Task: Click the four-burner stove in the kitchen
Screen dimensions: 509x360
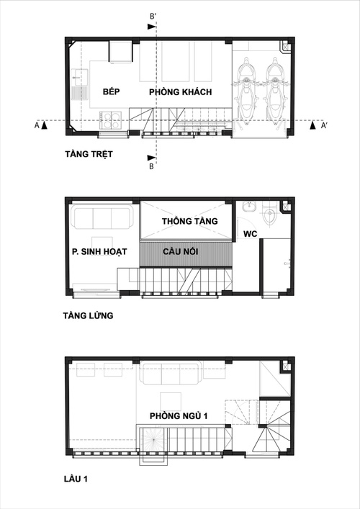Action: (x=112, y=117)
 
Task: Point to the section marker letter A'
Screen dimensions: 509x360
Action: (x=324, y=125)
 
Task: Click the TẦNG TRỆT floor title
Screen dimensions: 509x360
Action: (x=89, y=154)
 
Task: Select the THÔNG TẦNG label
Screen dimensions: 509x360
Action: (x=189, y=221)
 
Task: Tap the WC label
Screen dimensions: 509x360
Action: (x=250, y=234)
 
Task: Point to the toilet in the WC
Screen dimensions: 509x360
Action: (x=270, y=215)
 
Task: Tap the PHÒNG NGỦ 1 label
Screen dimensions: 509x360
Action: (x=180, y=416)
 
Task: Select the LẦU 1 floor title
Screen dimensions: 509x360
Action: (x=77, y=477)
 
